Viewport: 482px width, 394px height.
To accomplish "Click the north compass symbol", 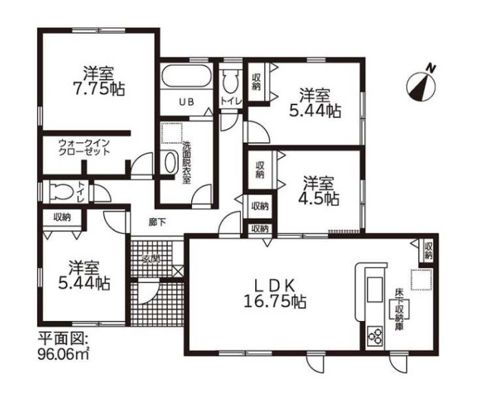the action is (421, 86).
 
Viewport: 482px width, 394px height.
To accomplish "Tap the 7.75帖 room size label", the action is (99, 89).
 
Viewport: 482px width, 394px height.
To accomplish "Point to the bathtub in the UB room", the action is (186, 76).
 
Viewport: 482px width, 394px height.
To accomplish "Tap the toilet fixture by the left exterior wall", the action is (63, 193).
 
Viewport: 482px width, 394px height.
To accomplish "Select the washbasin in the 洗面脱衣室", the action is (171, 162).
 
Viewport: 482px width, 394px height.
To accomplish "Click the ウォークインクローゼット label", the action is (84, 147).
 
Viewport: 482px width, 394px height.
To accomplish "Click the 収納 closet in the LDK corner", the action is (428, 250).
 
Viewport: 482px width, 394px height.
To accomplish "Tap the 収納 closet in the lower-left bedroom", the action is (62, 217).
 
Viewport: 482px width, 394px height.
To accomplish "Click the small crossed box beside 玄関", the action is (178, 271).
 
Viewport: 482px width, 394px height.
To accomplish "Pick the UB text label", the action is (186, 102).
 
